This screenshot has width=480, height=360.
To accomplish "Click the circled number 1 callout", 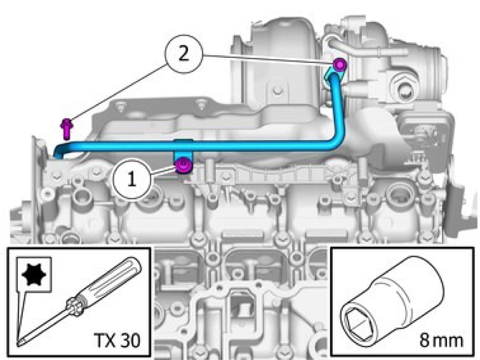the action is (x=132, y=179).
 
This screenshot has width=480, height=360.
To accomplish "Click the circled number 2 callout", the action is (x=183, y=54).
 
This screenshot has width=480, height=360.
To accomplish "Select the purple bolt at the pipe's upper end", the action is (x=339, y=65).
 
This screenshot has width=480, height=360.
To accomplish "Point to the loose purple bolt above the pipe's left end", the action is (x=66, y=128).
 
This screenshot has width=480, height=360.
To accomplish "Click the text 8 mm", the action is (x=441, y=340).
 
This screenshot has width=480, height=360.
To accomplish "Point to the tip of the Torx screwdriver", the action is (x=19, y=344).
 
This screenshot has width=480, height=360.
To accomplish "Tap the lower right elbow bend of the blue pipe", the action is (x=335, y=144).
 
